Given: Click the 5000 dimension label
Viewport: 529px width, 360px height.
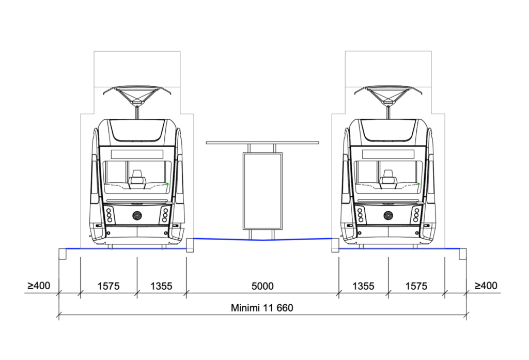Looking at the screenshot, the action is [262, 286].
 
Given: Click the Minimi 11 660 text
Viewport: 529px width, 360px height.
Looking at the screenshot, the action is [262, 308].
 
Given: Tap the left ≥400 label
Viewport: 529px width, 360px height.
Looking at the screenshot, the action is [39, 286].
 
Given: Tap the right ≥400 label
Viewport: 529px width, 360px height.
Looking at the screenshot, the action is [486, 286].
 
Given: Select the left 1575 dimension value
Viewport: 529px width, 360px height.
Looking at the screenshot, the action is [108, 286].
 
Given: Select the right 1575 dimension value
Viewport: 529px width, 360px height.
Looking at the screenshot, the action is [416, 286].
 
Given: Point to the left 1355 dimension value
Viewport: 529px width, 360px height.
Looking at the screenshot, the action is [161, 286].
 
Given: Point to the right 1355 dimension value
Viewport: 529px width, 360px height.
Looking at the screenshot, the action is [363, 286].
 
